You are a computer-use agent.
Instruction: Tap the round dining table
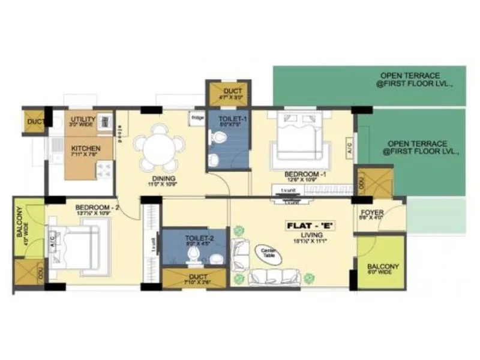tap(160, 146)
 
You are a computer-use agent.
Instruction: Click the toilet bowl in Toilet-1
tap(218, 139)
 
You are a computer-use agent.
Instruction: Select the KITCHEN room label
tap(86, 148)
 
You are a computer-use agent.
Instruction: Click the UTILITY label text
tap(83, 119)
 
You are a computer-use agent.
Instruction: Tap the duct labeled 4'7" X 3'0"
tap(229, 93)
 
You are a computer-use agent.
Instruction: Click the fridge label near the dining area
tap(197, 118)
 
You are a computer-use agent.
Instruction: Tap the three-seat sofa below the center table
tap(275, 277)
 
